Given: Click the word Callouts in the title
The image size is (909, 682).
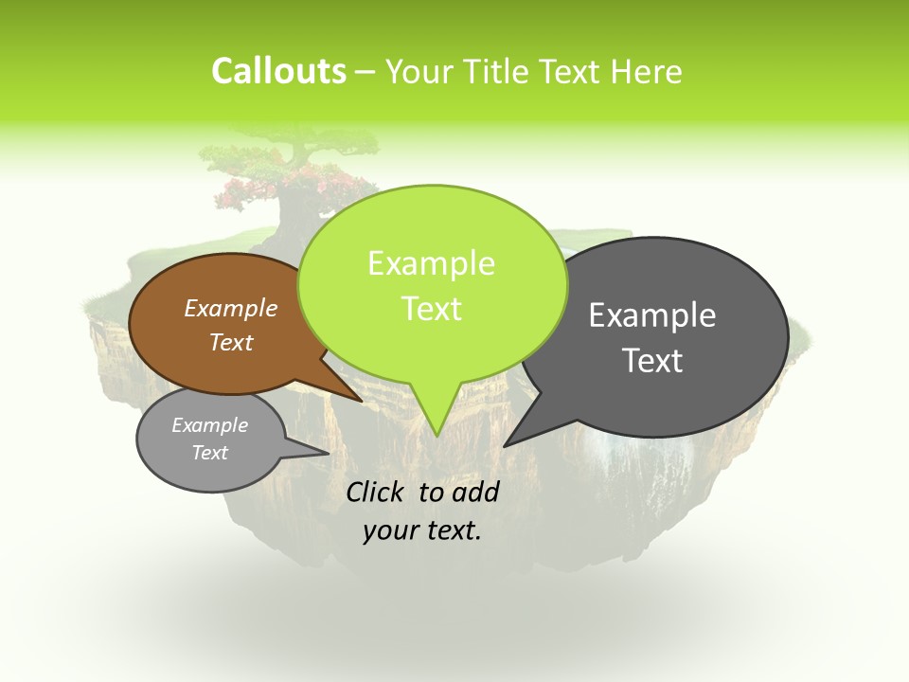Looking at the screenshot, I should [x=278, y=71].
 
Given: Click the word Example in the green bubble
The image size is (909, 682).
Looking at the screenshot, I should [x=431, y=263].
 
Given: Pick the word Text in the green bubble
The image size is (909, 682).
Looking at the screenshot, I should [x=431, y=309].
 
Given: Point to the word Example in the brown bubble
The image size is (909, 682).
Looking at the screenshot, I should [x=230, y=308].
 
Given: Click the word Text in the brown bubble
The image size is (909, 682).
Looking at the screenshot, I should [x=230, y=342].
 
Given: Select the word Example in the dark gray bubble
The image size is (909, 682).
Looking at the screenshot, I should [x=652, y=315].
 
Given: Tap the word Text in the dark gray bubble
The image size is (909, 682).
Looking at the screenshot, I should [x=652, y=361].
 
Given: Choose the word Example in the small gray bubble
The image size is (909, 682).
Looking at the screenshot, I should [x=209, y=425].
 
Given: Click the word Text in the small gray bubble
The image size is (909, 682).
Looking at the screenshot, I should [x=209, y=453].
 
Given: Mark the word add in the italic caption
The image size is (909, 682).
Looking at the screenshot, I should [x=475, y=492].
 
